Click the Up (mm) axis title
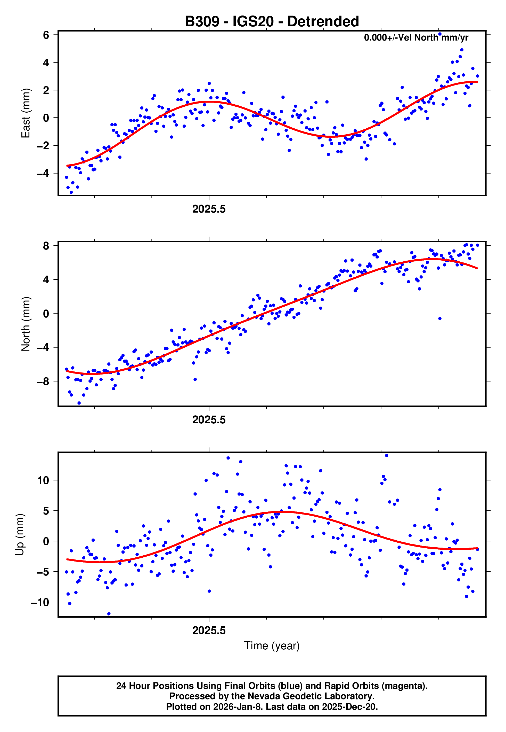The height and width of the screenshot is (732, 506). click(20, 535)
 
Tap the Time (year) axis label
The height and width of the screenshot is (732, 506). click(272, 646)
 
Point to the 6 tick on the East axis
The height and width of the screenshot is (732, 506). click(46, 35)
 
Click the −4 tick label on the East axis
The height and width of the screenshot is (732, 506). click(43, 173)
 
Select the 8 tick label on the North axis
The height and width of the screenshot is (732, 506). click(46, 246)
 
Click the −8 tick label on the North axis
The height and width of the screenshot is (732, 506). click(43, 381)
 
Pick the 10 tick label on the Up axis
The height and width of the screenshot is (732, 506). click(43, 480)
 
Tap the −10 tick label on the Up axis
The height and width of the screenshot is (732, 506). click(40, 602)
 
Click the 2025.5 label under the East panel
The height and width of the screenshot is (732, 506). click(209, 209)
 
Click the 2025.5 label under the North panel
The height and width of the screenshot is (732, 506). click(209, 420)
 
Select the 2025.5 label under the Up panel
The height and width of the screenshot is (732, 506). click(209, 630)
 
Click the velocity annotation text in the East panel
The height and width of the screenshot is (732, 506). click(416, 38)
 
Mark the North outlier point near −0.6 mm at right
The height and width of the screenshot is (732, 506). click(440, 319)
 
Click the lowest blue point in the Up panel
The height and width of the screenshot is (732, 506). click(109, 614)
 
